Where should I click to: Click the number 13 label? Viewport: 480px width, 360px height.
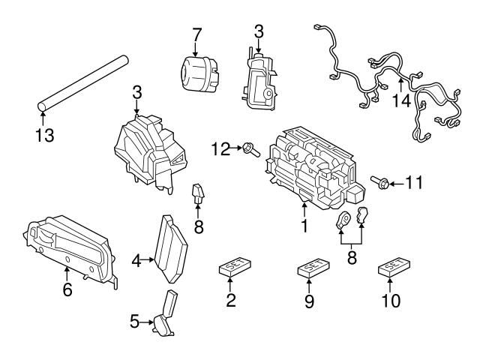click(x=44, y=136)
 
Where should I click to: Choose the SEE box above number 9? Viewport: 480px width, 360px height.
click(x=310, y=268)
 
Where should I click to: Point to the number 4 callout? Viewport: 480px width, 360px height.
click(x=136, y=261)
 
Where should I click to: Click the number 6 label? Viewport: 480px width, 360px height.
click(x=67, y=289)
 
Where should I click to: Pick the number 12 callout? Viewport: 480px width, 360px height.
click(x=220, y=149)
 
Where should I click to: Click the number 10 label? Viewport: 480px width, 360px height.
click(x=391, y=301)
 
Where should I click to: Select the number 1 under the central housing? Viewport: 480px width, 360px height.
click(x=305, y=225)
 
